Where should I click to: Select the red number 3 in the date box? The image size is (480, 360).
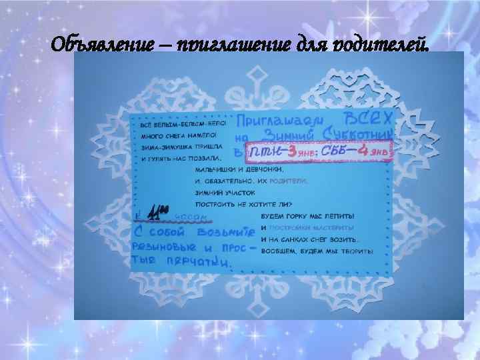[x=291, y=153]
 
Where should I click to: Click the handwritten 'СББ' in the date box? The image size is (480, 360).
[x=331, y=153]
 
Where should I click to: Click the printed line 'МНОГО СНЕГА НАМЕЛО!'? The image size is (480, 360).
[x=178, y=135]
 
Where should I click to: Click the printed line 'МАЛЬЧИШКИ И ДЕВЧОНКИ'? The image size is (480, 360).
[x=237, y=169]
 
